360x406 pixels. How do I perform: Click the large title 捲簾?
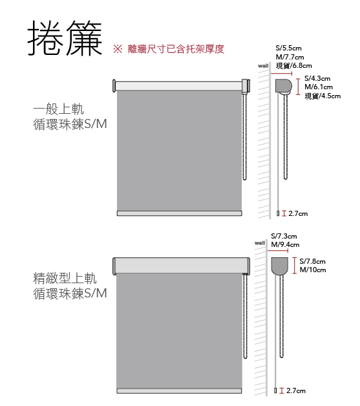tap(65, 38)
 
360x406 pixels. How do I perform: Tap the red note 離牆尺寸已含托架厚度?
tap(176, 49)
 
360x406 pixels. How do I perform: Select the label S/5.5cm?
tap(288, 48)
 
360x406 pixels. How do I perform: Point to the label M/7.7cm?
tap(290, 57)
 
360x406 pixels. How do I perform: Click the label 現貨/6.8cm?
tap(293, 66)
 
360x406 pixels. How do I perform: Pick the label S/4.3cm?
tap(317, 78)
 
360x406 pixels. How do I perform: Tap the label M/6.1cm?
tap(319, 87)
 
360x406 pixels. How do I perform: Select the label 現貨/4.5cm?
tap(323, 96)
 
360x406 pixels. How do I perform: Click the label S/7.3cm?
tap(284, 236)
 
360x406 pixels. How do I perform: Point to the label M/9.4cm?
tap(285, 244)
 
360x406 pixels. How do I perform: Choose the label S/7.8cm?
tap(312, 261)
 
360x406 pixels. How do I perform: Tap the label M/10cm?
tap(313, 270)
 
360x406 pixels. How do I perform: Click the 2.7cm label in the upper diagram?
tap(298, 213)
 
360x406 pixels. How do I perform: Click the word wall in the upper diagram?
tap(263, 66)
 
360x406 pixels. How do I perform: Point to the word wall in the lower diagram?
tap(260, 243)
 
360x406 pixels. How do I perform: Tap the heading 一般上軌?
tap(58, 109)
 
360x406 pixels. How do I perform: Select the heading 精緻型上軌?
tap(65, 279)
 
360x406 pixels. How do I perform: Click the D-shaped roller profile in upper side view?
tap(283, 86)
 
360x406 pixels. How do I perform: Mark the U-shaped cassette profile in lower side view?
tap(279, 266)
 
